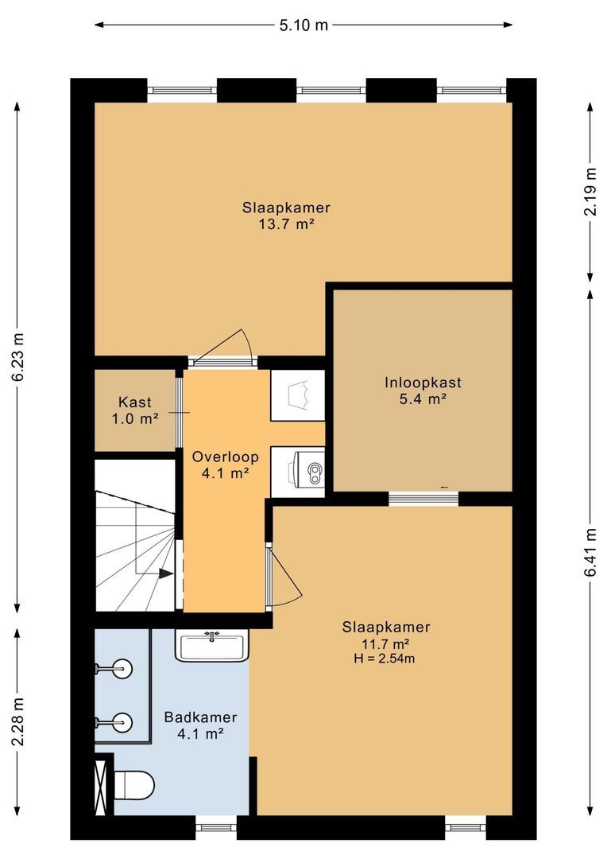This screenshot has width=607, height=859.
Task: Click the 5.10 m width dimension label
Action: coord(303,25)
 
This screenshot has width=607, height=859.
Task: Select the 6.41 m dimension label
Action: coord(590,552)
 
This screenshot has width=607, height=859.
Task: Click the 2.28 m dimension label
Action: coord(18,721)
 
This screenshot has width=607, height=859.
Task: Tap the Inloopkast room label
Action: coord(423,383)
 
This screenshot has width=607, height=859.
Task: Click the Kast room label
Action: coord(134,402)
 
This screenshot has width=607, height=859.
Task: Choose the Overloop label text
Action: coord(226,457)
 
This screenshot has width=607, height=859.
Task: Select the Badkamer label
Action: coord(200,717)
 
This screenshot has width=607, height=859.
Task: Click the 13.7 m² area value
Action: coord(286,224)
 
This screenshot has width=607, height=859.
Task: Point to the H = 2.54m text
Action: coord(385,659)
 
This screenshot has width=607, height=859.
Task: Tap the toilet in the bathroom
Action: coord(134,785)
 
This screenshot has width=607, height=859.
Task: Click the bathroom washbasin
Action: coord(212,647)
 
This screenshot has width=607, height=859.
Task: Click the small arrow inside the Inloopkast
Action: coord(444,487)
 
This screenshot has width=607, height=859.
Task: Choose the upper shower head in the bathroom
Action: coord(115,668)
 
